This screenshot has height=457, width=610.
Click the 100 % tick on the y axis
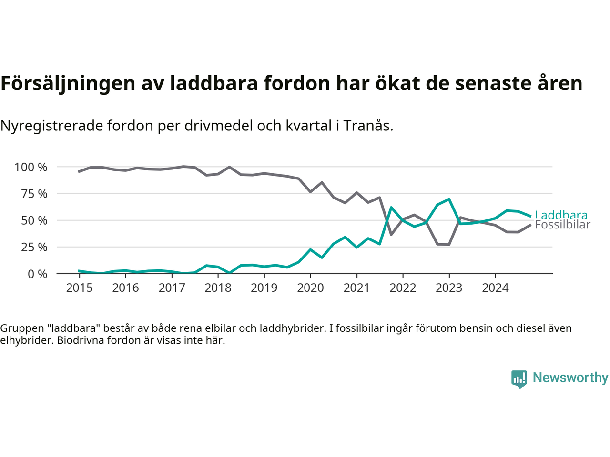tap(31, 167)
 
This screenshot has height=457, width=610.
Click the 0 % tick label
tap(37, 274)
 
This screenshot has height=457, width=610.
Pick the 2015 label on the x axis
tap(79, 288)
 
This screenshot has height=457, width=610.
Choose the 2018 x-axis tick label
tap(218, 288)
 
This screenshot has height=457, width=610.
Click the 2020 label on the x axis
tap(310, 288)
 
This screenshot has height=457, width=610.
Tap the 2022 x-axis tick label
tap(403, 288)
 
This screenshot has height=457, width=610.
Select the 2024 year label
tap(495, 288)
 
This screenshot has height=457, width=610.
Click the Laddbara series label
tap(561, 215)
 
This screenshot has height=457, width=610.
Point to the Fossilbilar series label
tap(562, 225)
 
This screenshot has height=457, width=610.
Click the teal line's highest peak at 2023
tap(449, 199)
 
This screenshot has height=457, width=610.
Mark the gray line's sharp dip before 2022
tap(391, 235)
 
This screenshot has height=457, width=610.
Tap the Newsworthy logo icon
tap(519, 379)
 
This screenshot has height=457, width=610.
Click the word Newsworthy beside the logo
tap(570, 378)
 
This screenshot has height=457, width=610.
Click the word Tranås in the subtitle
tap(368, 126)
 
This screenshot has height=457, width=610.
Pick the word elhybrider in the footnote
tap(26, 340)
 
